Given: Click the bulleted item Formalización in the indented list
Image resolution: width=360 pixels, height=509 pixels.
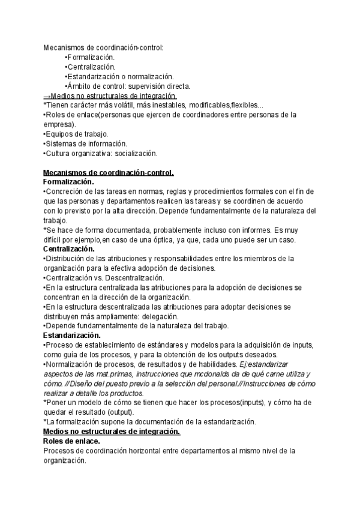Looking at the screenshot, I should point(91,57).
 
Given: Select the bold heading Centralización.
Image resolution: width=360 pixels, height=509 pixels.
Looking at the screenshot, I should point(69,248).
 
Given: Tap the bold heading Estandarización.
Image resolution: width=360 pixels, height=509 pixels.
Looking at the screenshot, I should point(72,335).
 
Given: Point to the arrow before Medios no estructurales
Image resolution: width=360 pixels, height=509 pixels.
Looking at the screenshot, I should point(47,96).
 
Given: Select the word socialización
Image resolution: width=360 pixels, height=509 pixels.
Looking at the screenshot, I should point(136,154).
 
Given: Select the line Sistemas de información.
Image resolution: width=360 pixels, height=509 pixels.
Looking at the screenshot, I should point(85,143).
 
